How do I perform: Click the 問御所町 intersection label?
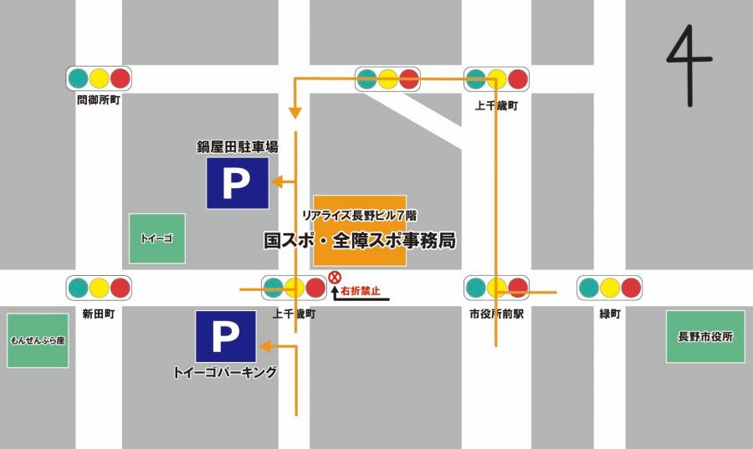(x=99, y=99)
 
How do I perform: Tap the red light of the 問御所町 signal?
(x=120, y=79)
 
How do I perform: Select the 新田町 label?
(x=99, y=314)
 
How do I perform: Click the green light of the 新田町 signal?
(x=78, y=288)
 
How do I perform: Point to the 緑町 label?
(x=609, y=314)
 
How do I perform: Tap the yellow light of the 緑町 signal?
(x=610, y=288)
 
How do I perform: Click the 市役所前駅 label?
(x=496, y=314)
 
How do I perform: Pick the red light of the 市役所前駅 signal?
(x=518, y=288)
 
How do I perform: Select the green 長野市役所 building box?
(x=704, y=336)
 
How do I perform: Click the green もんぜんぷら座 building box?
(x=38, y=340)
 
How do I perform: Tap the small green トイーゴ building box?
(x=156, y=238)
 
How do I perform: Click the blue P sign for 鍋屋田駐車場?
(x=238, y=183)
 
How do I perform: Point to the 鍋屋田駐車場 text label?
(x=238, y=147)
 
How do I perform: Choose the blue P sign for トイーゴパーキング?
(x=225, y=337)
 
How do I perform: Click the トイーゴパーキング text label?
(x=224, y=373)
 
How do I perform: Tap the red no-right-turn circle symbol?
(x=336, y=277)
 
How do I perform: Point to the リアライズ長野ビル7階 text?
(x=360, y=215)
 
